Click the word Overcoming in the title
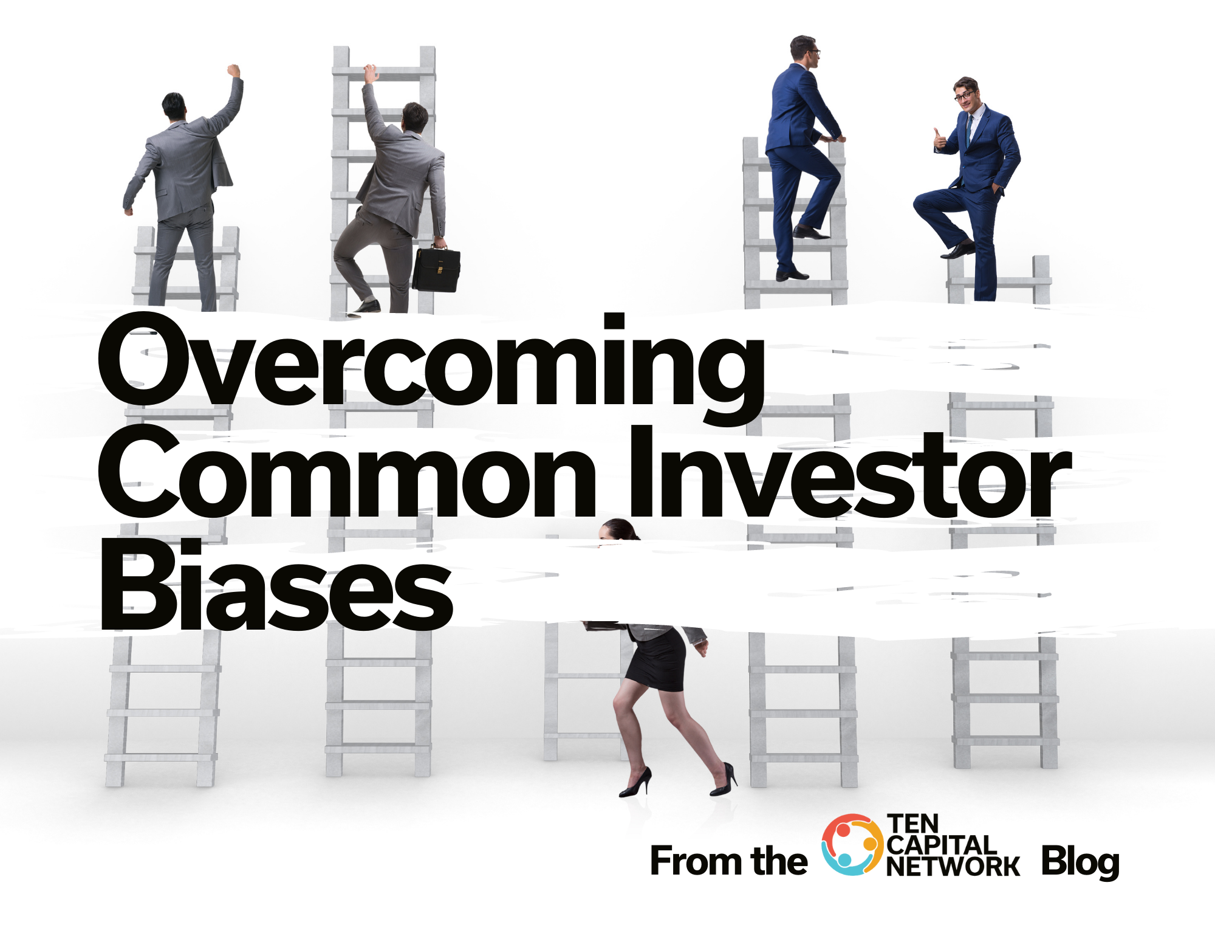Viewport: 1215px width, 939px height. [x=431, y=368]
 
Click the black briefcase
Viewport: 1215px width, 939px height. [x=436, y=269]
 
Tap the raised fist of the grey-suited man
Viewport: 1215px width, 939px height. [x=233, y=71]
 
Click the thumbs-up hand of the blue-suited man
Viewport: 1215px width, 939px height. [x=940, y=140]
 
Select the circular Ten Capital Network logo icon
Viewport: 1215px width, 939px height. [x=852, y=845]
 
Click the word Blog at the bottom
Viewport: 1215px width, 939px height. [x=1080, y=862]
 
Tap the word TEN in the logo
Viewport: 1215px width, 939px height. [x=913, y=824]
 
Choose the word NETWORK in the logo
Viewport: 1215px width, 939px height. [x=953, y=867]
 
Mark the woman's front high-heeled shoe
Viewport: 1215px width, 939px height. [x=635, y=783]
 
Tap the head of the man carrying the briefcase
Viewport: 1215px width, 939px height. [x=415, y=116]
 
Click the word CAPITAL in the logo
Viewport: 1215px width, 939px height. [x=940, y=845]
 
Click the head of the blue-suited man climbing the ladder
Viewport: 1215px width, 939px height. [x=804, y=51]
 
